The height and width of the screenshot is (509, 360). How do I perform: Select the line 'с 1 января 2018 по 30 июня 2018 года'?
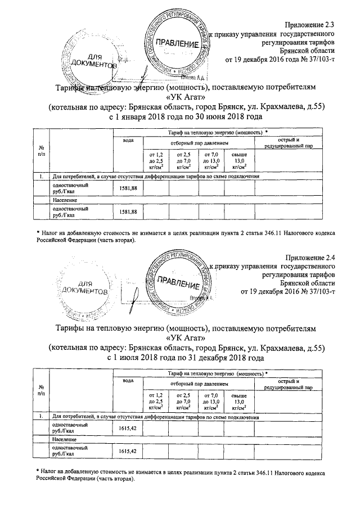tap(185, 118)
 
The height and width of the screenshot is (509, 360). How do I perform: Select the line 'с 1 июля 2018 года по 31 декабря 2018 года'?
tap(185, 357)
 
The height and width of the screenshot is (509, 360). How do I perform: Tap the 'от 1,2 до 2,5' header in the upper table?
tap(155, 160)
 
